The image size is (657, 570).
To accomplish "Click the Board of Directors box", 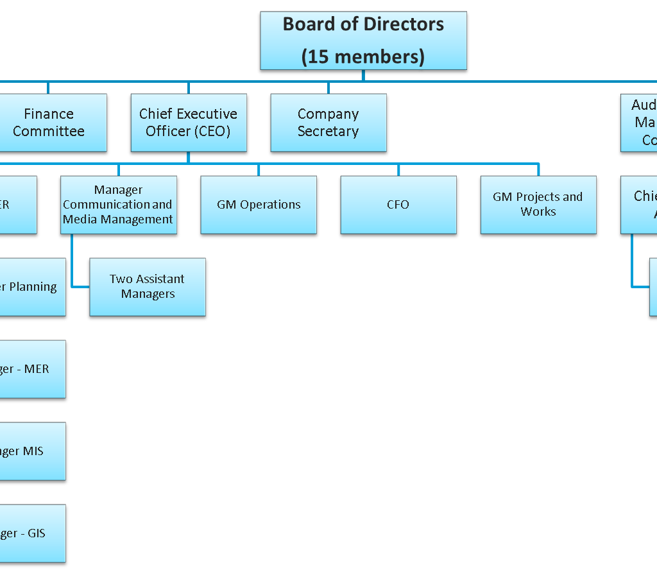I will (x=363, y=40).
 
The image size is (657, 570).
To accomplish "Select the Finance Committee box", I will (x=49, y=123).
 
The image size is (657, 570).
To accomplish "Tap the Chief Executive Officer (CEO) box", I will (x=189, y=123).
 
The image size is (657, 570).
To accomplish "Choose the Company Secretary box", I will (x=328, y=123).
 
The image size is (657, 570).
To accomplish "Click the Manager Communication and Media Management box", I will (x=119, y=205).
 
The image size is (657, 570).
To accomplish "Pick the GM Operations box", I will (x=259, y=205).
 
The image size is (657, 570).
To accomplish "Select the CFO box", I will (x=398, y=205).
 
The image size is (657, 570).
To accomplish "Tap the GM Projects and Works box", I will (x=538, y=205).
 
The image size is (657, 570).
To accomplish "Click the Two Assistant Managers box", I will (x=148, y=287).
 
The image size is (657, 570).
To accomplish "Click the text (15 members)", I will (x=363, y=56).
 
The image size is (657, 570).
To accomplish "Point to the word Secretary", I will (x=328, y=132).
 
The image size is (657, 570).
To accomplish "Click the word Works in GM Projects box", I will (x=538, y=212).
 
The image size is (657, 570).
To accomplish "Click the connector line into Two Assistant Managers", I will (x=80, y=287).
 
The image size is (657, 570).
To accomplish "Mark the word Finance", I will (x=49, y=114).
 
